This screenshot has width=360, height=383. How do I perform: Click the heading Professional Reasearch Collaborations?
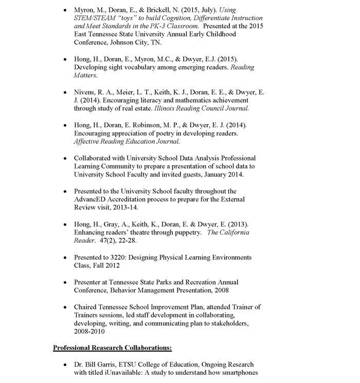[109, 348]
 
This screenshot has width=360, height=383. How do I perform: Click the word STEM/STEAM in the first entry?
[95, 18]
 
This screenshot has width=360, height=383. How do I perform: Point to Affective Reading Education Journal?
[127, 141]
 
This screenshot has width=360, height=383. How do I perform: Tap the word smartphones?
[238, 373]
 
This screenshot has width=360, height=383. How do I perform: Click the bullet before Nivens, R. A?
[64, 92]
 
